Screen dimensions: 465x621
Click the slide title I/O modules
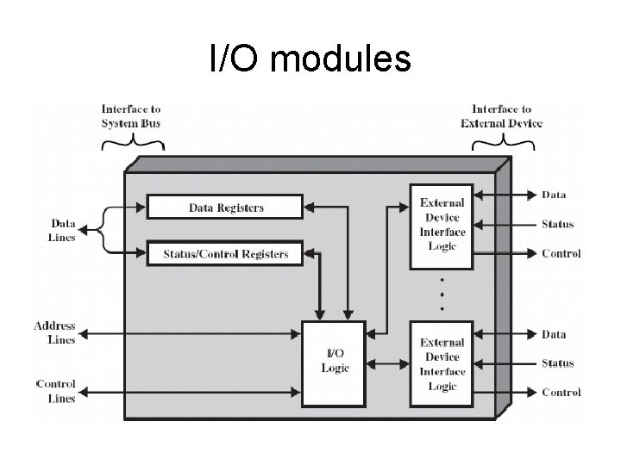point(310,59)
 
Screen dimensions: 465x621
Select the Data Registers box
point(225,208)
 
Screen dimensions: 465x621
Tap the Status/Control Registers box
point(225,254)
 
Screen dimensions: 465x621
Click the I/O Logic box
point(335,363)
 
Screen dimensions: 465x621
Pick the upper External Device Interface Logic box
point(442,224)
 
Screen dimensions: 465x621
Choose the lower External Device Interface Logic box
point(442,364)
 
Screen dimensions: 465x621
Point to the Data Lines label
point(62,230)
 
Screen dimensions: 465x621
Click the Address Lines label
point(54,332)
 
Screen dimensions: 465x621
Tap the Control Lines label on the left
point(55,391)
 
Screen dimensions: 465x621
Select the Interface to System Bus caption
point(130,116)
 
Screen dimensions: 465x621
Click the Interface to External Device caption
point(502,116)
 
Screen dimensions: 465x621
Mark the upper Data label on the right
point(554,195)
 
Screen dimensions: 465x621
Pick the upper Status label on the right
point(557,225)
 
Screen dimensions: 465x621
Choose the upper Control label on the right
point(561,254)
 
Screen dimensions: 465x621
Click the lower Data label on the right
point(554,334)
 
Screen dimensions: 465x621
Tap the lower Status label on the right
point(557,363)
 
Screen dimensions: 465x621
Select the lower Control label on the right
point(561,393)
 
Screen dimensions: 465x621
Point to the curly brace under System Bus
point(132,144)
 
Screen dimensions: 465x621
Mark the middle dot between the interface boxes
point(442,294)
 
